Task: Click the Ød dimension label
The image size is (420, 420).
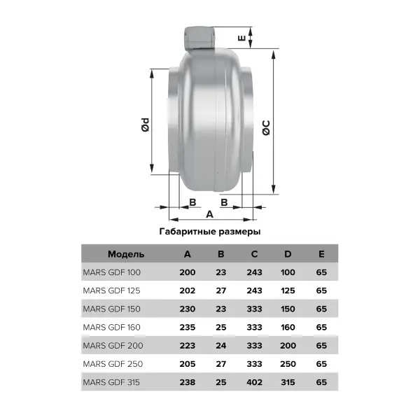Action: coord(145,125)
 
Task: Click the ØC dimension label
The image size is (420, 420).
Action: coord(266,128)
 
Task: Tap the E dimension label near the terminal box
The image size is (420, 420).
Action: coord(241,38)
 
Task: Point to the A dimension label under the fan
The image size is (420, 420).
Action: coord(210,214)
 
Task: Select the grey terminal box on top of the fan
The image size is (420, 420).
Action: coord(199,38)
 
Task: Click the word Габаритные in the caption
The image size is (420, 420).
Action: coord(188,232)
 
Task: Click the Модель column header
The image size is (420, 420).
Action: coord(126,254)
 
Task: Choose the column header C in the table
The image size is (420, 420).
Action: coord(255,254)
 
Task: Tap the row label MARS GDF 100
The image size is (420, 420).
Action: coord(112,272)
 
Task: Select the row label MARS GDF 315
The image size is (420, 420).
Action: coord(111,382)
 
